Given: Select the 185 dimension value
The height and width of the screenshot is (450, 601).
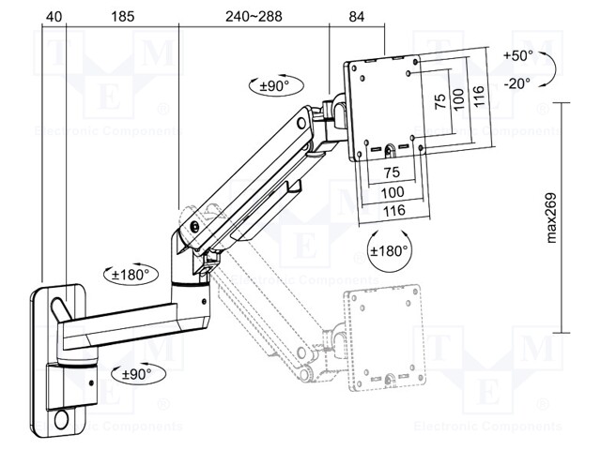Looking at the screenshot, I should click(x=120, y=16).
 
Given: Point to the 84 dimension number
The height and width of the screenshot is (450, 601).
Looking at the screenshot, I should click(x=357, y=16).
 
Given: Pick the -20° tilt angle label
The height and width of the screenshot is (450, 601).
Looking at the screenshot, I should click(x=516, y=83).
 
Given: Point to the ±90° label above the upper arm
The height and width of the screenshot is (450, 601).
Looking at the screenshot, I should click(x=272, y=85).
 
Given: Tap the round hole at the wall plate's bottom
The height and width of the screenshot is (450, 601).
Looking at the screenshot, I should click(x=67, y=420).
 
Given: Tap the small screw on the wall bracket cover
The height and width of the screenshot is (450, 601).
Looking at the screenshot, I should click(x=90, y=382).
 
